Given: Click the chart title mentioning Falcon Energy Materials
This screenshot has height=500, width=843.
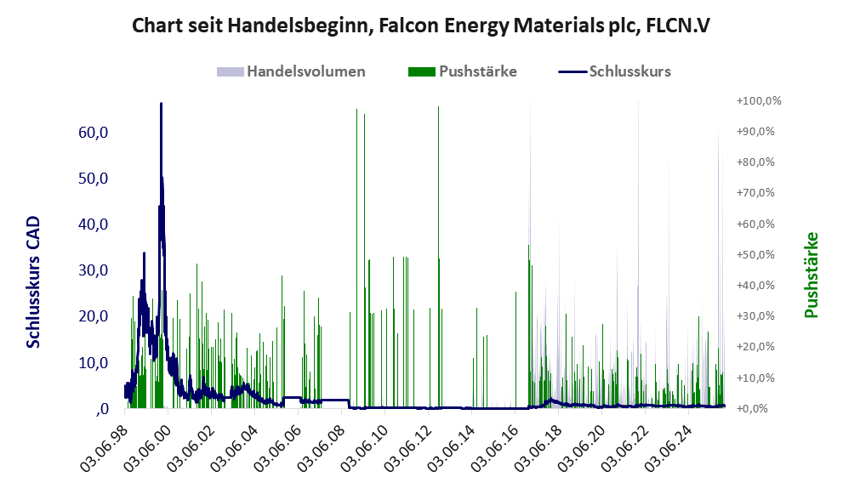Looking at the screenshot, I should pyautogui.click(x=421, y=26).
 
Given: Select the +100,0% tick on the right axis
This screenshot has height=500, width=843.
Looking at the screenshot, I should pyautogui.click(x=758, y=101).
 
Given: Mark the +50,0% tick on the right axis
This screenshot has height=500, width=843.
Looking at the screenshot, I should pyautogui.click(x=758, y=254).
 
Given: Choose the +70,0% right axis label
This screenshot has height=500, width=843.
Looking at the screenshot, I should pyautogui.click(x=758, y=193).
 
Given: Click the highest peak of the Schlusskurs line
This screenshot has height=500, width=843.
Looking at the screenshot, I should pyautogui.click(x=161, y=104).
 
